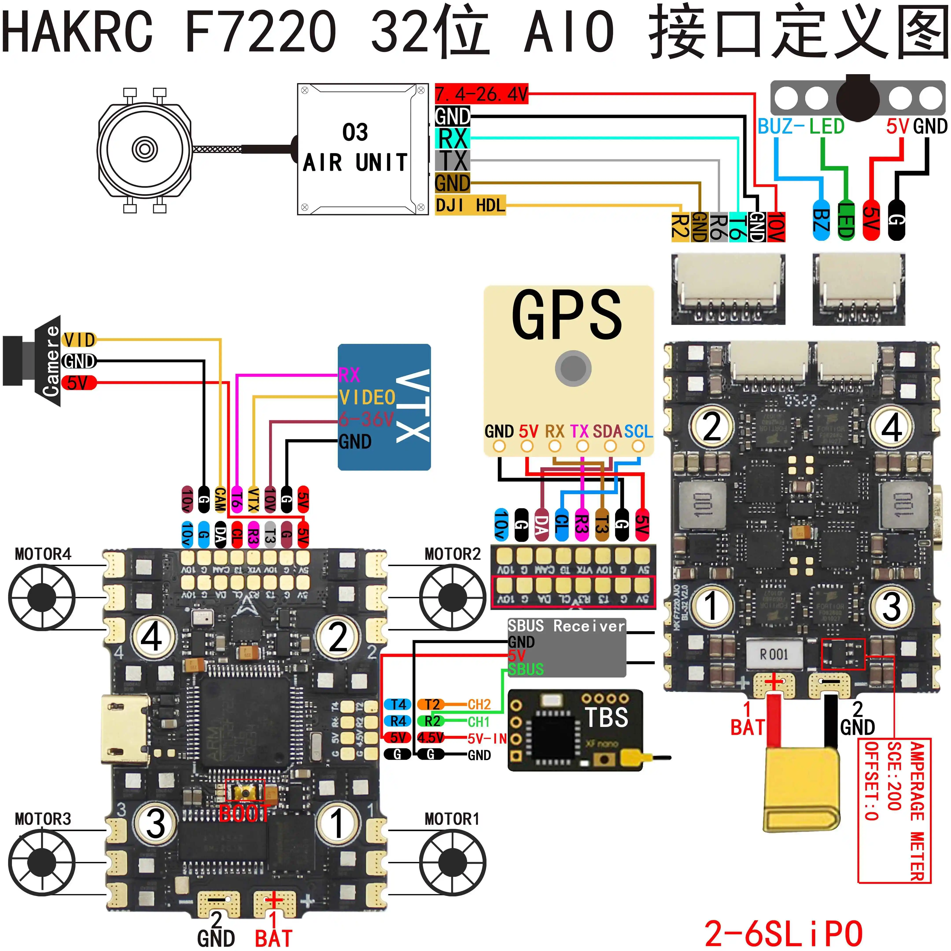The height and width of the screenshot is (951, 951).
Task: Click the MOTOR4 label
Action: (x=43, y=554)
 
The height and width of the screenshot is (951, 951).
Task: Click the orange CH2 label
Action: (x=479, y=704)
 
